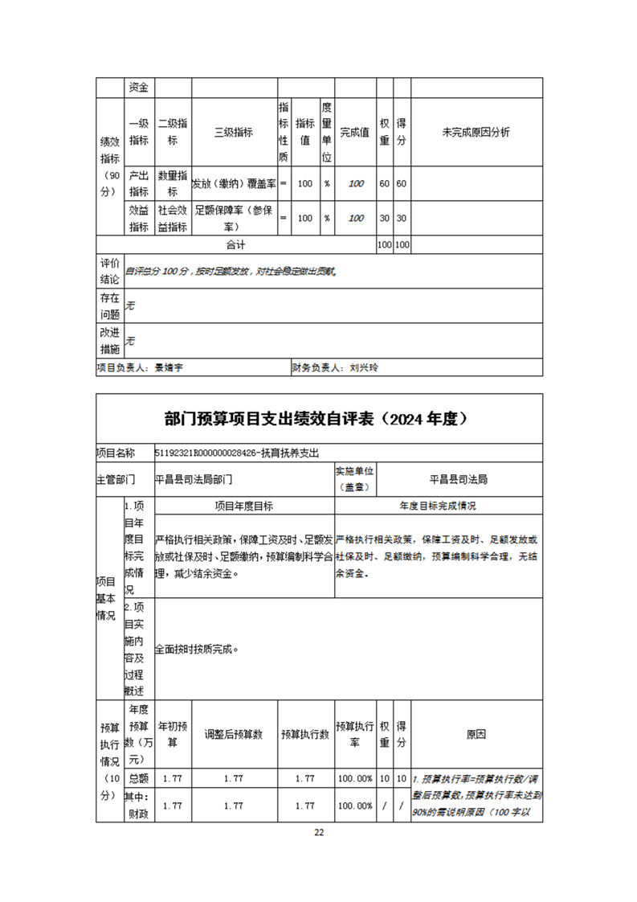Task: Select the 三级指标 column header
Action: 234,133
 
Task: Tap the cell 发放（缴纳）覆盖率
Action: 234,183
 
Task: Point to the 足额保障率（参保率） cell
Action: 234,218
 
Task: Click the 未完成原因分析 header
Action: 476,133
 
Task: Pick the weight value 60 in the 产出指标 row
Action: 385,183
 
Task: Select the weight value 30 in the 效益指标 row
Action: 385,218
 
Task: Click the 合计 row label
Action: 235,244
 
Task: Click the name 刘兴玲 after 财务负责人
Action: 364,367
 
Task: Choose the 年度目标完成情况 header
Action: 439,506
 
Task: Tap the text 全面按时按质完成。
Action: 197,649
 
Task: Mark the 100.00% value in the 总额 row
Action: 354,778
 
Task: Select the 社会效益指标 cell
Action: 173,218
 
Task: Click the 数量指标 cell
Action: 173,183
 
